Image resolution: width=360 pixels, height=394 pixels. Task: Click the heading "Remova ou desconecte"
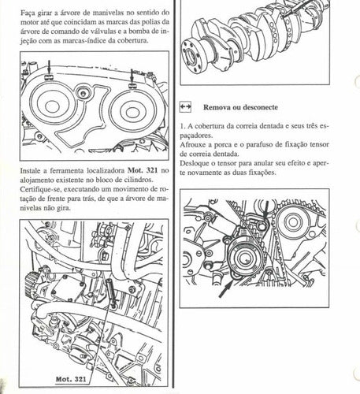coord(240,107)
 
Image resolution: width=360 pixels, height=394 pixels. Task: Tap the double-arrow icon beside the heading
coord(185,107)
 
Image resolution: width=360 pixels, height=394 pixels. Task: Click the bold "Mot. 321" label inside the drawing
coord(71,379)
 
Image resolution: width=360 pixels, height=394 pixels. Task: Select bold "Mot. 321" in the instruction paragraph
coord(143,170)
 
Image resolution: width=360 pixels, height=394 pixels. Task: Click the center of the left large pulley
coord(52,106)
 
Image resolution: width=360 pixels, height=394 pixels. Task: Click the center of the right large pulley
coord(132,112)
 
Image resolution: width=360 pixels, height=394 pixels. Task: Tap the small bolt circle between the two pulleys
coord(84,94)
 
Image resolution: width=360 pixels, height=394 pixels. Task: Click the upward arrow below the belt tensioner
coord(225,289)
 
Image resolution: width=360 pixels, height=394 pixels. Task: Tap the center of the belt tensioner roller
coord(245,258)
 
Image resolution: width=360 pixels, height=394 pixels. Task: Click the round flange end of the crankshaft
coord(192,56)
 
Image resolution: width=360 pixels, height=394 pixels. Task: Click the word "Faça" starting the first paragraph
coord(27,13)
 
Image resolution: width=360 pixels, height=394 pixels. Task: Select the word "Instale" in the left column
coord(31,171)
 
